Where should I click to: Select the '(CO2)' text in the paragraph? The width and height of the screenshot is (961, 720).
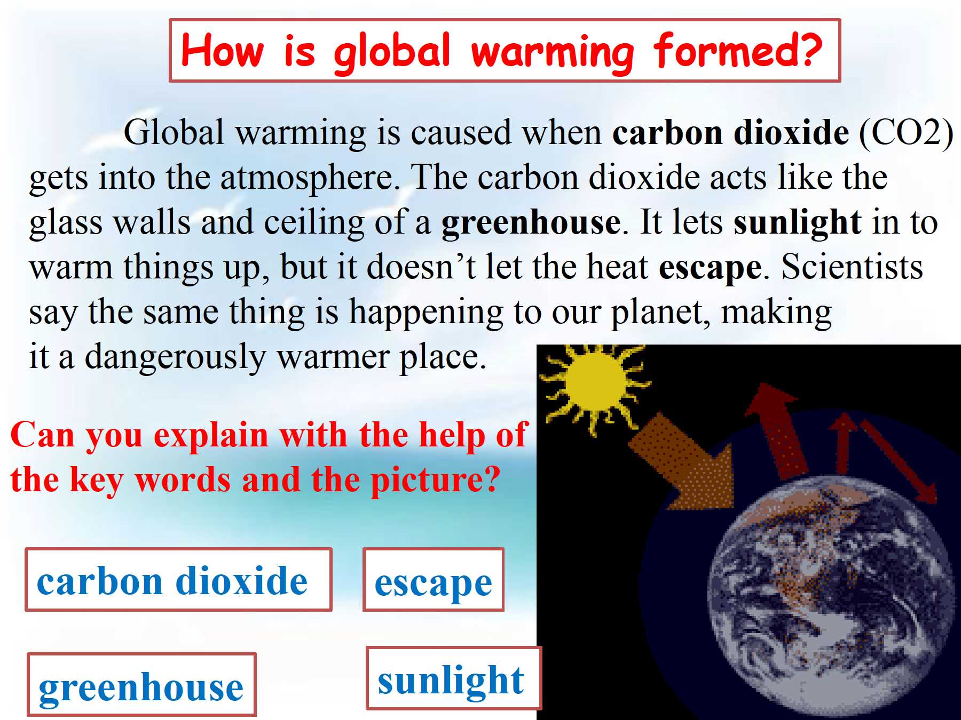pyautogui.click(x=906, y=132)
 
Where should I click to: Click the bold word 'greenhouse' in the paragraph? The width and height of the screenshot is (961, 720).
pyautogui.click(x=531, y=222)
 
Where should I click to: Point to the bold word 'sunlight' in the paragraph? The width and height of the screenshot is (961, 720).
pyautogui.click(x=798, y=222)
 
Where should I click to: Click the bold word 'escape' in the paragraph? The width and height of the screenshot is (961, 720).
pyautogui.click(x=710, y=268)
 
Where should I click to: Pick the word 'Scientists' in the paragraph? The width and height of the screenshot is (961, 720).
pyautogui.click(x=853, y=266)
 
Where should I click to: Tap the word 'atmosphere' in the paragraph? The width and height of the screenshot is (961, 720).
pyautogui.click(x=307, y=178)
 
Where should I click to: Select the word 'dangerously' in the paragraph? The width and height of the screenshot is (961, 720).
pyautogui.click(x=175, y=357)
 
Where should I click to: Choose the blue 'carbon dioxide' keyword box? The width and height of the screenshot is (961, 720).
pyautogui.click(x=178, y=579)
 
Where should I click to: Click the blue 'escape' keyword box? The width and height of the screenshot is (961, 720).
pyautogui.click(x=433, y=579)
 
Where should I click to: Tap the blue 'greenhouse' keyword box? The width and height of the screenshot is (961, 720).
pyautogui.click(x=141, y=684)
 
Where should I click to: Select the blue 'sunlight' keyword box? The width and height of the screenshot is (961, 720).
pyautogui.click(x=453, y=678)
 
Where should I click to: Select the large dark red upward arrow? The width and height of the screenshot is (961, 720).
pyautogui.click(x=777, y=430)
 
